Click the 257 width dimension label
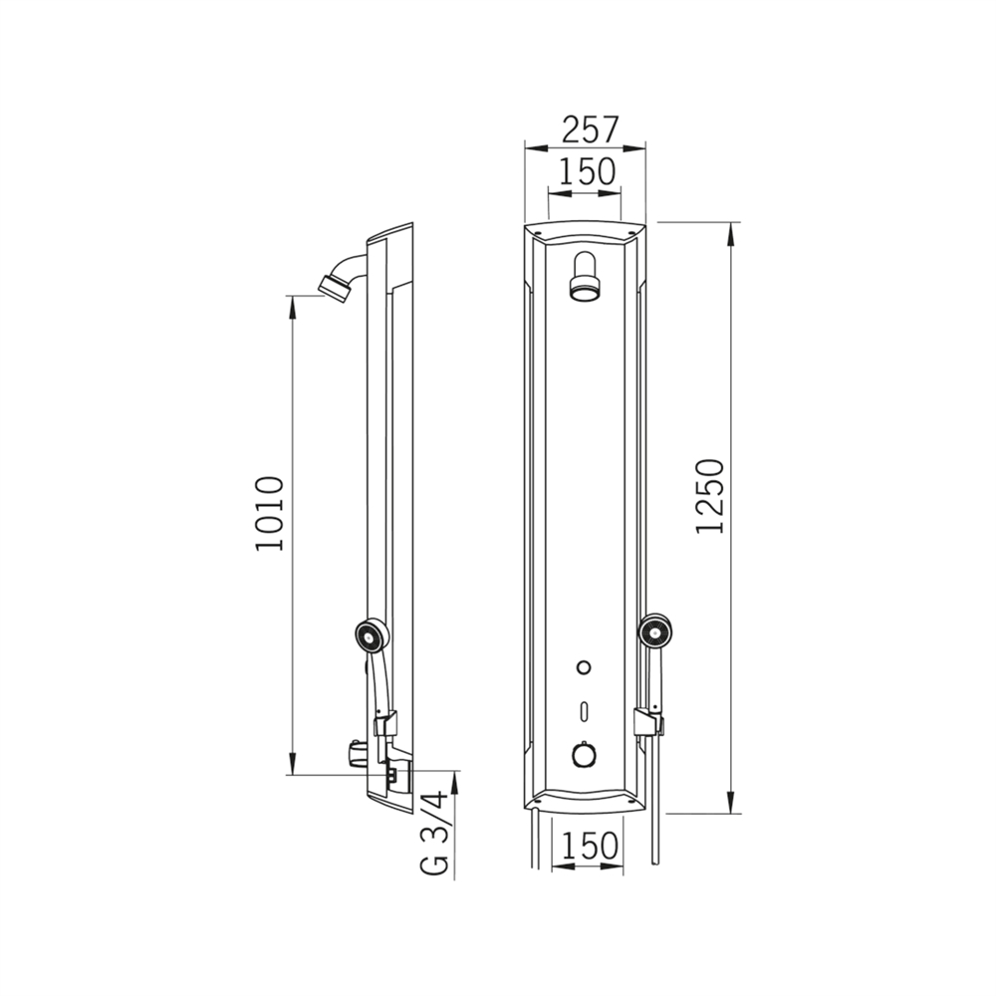point(590,129)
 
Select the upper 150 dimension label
point(587,171)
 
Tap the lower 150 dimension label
point(589,846)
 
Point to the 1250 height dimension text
point(711,496)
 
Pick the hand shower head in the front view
point(656,632)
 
